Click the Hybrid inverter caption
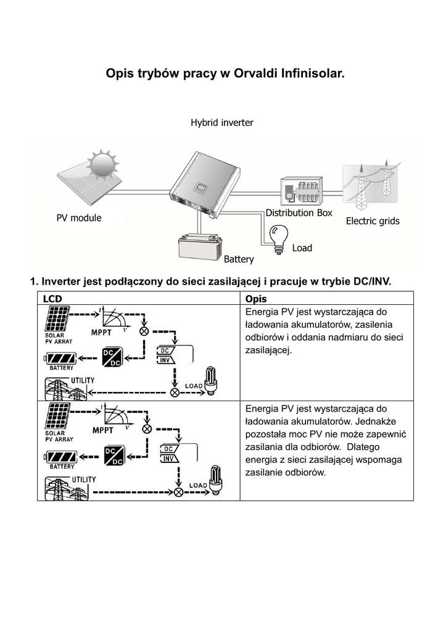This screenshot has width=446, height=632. click(x=222, y=123)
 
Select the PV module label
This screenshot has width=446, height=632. click(x=79, y=218)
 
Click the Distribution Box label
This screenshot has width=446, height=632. click(x=299, y=213)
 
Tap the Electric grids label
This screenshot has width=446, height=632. click(x=373, y=221)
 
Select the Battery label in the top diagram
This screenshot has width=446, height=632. click(x=239, y=259)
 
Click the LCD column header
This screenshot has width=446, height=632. click(x=52, y=299)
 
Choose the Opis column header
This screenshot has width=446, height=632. click(x=256, y=299)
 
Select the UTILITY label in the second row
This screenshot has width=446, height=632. click(x=84, y=479)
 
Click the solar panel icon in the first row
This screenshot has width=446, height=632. click(x=57, y=319)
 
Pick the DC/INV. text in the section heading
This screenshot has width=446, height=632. click(x=372, y=281)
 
